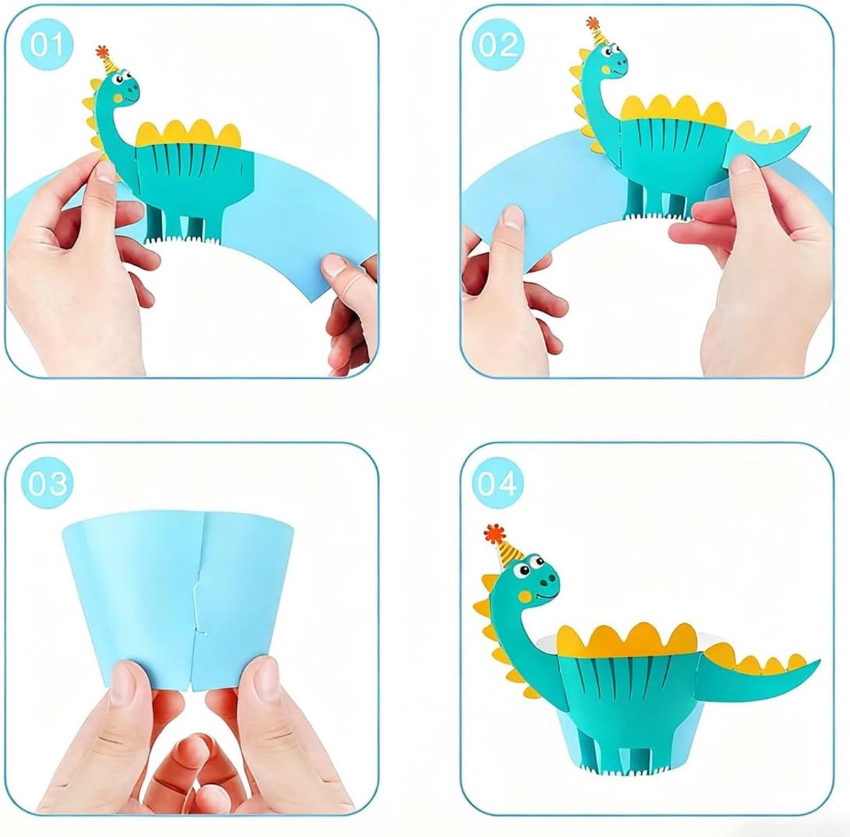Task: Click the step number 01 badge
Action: [x=47, y=45]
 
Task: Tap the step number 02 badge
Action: [x=499, y=45]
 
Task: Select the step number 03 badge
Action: [x=47, y=484]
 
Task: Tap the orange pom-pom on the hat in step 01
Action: [x=102, y=51]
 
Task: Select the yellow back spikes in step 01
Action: [x=189, y=134]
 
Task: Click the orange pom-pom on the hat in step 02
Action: [x=592, y=23]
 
